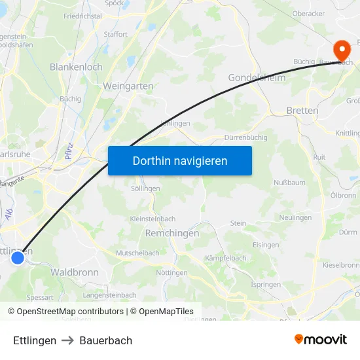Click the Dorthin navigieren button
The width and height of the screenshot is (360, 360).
(x=180, y=160)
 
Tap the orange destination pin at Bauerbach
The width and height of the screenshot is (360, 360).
(x=341, y=50)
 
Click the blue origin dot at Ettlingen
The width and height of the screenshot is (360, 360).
(x=18, y=258)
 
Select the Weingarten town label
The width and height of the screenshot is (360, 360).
(x=128, y=86)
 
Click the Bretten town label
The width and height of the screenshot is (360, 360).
(x=302, y=111)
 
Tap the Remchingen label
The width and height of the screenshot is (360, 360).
(x=171, y=232)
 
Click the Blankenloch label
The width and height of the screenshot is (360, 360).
(x=76, y=67)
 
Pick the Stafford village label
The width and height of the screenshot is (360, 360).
(x=115, y=34)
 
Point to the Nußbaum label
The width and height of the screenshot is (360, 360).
(x=289, y=182)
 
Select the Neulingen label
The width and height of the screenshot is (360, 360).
(x=295, y=217)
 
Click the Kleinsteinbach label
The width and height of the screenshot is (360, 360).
(x=153, y=219)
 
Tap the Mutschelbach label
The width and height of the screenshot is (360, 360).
(x=137, y=253)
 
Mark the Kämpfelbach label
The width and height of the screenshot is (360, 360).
(x=226, y=258)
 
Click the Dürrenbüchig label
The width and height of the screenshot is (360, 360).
(x=245, y=138)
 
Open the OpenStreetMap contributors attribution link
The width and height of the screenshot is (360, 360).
(x=70, y=312)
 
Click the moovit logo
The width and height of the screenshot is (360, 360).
(x=321, y=339)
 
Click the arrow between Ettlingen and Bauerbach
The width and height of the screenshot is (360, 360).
(x=68, y=340)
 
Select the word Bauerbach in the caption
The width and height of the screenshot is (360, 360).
(x=106, y=340)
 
